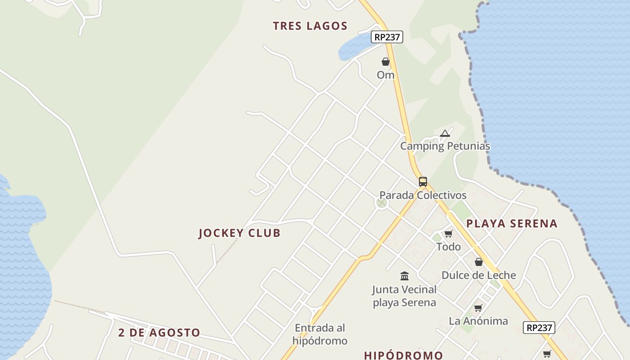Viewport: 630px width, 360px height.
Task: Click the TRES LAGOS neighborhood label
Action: (x=310, y=26)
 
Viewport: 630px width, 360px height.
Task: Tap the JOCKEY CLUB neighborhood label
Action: (x=239, y=233)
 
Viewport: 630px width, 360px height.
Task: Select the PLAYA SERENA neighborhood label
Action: (x=512, y=224)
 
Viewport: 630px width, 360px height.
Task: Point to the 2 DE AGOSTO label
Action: (x=159, y=333)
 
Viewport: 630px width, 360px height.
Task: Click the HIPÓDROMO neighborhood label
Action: (x=403, y=355)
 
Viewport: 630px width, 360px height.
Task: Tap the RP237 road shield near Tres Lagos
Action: (x=387, y=37)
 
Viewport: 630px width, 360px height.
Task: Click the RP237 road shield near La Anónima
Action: (x=539, y=328)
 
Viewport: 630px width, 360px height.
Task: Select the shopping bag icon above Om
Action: (x=386, y=62)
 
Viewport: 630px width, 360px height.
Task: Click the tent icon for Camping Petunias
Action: (x=445, y=133)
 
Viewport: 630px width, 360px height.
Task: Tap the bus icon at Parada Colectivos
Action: (x=423, y=182)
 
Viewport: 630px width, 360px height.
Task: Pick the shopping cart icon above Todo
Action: (x=448, y=234)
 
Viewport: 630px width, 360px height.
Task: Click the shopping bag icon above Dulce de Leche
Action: (x=479, y=262)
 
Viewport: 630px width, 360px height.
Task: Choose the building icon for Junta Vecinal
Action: (x=405, y=276)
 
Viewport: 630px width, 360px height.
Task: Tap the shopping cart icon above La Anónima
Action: (x=478, y=308)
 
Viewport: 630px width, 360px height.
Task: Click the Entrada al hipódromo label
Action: (x=320, y=334)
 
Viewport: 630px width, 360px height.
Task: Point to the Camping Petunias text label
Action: (x=445, y=146)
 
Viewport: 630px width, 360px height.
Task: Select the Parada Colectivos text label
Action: (x=423, y=195)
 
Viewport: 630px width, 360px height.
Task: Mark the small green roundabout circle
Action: (x=382, y=203)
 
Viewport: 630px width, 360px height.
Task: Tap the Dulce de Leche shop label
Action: (x=479, y=275)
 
